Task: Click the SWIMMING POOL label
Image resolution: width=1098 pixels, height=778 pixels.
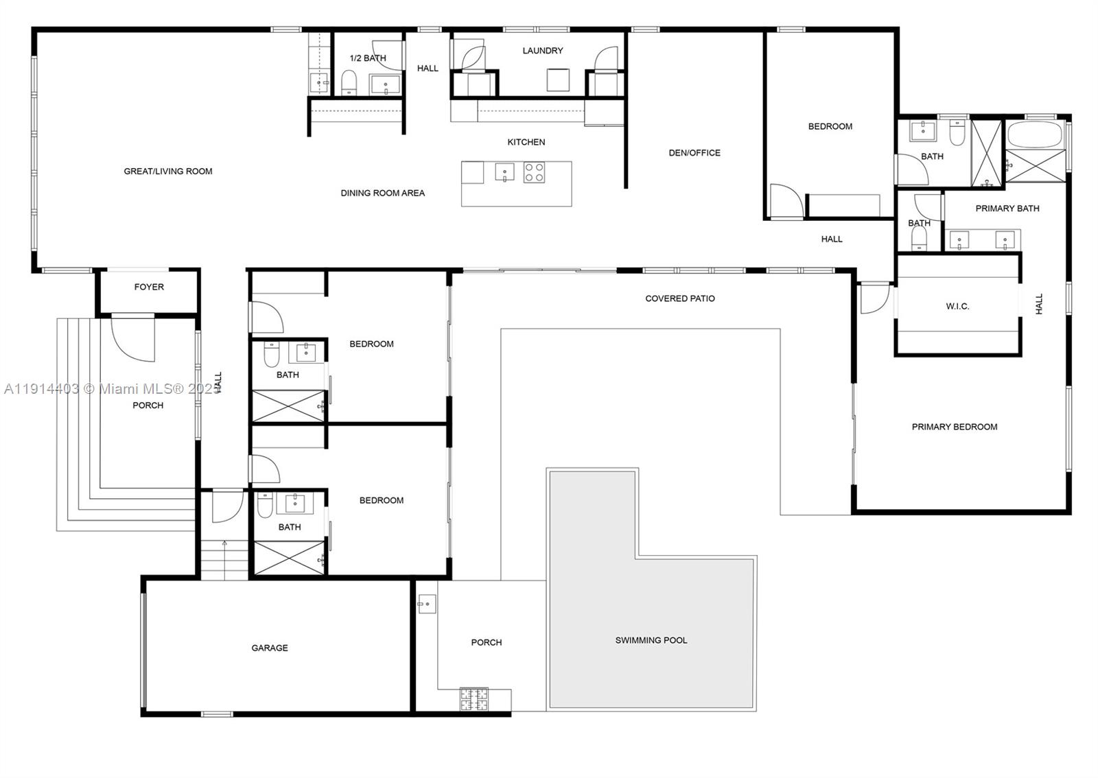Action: (x=651, y=640)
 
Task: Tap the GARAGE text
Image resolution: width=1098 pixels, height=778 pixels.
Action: (x=269, y=648)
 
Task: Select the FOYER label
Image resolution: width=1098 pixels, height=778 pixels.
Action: (x=149, y=287)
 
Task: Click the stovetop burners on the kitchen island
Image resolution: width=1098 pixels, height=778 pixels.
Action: (x=534, y=172)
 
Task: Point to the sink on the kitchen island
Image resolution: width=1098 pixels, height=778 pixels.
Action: (x=504, y=172)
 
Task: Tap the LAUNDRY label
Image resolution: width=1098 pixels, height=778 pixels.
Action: (x=542, y=51)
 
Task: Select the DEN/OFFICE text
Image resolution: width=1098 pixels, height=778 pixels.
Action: (x=694, y=153)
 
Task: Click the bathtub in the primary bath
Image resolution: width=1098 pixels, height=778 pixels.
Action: (x=1034, y=134)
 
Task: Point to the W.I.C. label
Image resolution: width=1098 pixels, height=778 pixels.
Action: (x=957, y=306)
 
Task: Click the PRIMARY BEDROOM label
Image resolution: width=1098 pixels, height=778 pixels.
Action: (x=954, y=427)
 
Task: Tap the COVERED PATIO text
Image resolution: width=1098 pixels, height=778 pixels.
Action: (x=679, y=298)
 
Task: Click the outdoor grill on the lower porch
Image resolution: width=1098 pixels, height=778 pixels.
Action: (x=474, y=699)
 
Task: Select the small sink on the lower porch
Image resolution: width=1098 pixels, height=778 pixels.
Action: (x=427, y=604)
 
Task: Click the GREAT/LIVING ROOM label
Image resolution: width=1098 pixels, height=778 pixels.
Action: (x=168, y=172)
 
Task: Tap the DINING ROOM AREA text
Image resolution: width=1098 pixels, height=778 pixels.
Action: (x=382, y=193)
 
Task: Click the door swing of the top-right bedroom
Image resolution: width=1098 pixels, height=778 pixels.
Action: (x=785, y=200)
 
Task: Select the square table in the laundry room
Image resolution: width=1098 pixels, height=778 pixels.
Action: (x=558, y=80)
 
